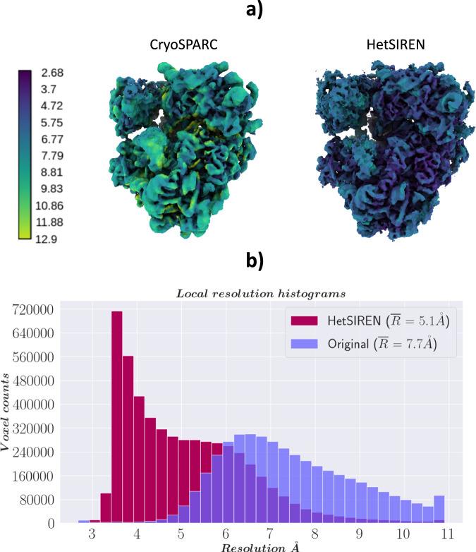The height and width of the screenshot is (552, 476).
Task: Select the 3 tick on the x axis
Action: click(92, 534)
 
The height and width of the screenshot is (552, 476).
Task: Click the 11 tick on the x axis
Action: click(446, 534)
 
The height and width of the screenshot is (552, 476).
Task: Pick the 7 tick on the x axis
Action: click(269, 534)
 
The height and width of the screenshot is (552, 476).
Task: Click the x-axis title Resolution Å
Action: click(260, 547)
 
